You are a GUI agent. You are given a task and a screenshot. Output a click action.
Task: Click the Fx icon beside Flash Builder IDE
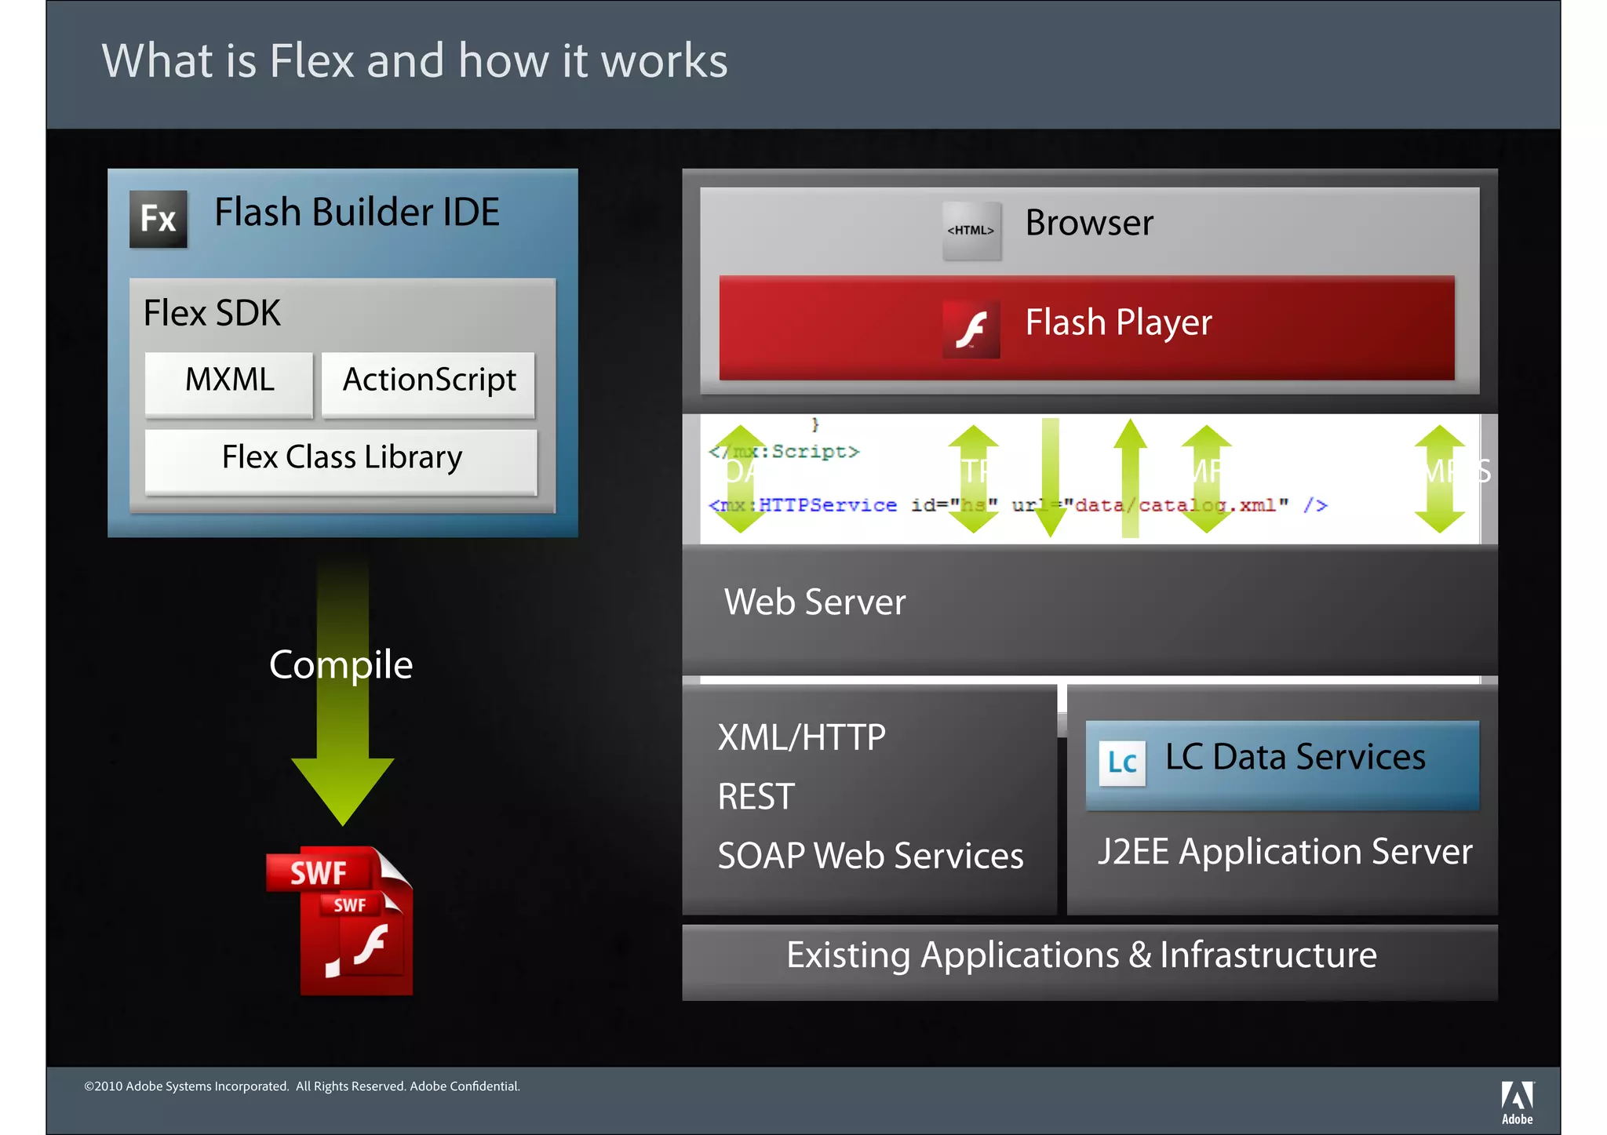point(159,219)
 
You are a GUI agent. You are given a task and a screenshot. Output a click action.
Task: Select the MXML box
point(229,383)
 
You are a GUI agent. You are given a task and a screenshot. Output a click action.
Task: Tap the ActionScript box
point(428,383)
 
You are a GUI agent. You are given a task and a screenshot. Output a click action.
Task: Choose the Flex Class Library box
point(341,460)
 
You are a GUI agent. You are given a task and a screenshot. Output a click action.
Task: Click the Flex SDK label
point(212,314)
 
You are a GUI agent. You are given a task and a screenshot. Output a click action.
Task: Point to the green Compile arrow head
point(342,788)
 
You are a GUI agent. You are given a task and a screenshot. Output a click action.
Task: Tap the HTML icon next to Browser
point(971,231)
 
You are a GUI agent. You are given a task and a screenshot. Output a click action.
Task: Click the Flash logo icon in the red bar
point(971,329)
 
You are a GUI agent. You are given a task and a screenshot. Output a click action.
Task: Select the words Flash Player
point(1118,323)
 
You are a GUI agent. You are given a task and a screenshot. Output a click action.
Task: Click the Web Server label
point(814,602)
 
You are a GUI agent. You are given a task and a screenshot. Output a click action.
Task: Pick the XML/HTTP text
point(801,738)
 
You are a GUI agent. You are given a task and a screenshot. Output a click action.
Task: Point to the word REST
point(756,797)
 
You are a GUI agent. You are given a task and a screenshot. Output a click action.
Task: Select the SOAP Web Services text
point(870,856)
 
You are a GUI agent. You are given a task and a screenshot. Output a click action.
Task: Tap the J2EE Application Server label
point(1285,852)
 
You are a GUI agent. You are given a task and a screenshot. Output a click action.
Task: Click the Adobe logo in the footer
point(1517,1101)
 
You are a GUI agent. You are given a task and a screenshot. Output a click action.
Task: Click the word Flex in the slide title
point(312,61)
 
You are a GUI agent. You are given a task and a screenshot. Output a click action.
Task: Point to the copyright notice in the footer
point(302,1086)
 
